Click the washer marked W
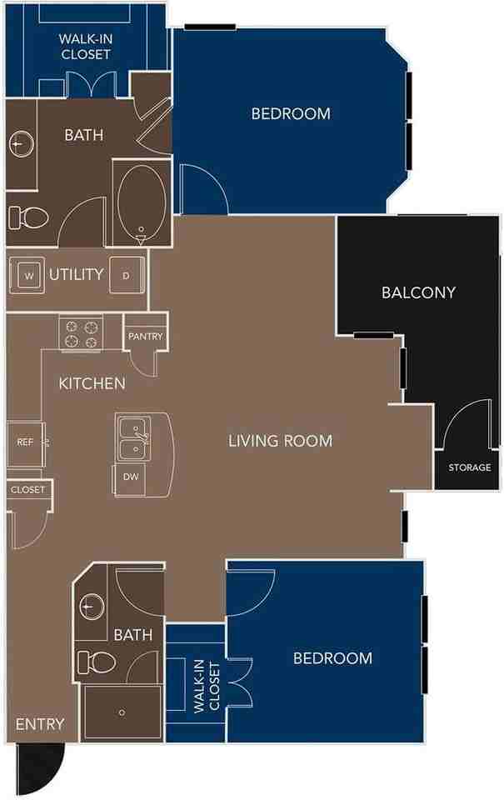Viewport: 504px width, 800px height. coord(29,275)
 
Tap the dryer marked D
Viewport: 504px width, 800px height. coord(126,275)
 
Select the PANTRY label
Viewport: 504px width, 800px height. coord(145,337)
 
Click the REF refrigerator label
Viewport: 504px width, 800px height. coord(25,442)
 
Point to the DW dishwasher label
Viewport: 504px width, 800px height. coord(129,477)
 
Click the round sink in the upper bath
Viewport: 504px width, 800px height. coord(20,144)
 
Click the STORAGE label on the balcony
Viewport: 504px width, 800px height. coord(469,467)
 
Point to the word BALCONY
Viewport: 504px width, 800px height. coord(418,292)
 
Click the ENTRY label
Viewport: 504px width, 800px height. coord(39,723)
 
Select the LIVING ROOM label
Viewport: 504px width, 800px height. coord(280,441)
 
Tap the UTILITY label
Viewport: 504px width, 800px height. coord(76,274)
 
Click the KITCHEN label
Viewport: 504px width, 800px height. coord(92,384)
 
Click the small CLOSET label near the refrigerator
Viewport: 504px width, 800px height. coord(27,490)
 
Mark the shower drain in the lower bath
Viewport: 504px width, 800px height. coord(122,712)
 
